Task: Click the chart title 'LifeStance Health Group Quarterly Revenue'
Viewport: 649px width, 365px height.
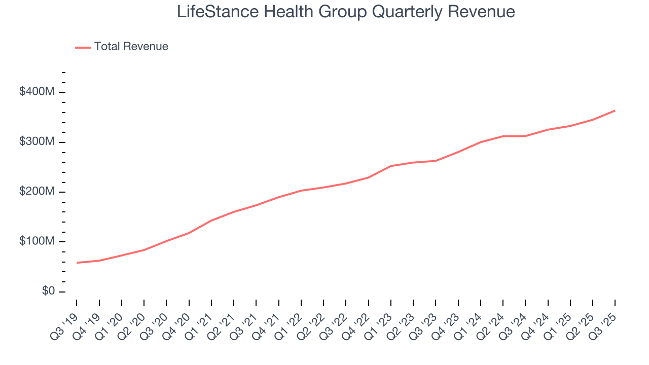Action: pos(346,12)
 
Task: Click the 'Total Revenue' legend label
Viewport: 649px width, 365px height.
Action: pos(131,47)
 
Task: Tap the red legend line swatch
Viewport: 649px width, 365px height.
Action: pos(83,47)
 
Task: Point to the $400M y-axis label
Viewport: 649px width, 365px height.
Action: pos(38,92)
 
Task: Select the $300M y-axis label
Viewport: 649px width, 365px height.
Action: pos(38,142)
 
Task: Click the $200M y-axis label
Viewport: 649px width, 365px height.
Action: pos(38,192)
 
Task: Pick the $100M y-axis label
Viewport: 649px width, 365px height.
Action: pos(38,241)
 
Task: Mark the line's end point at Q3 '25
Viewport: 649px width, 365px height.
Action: pos(615,111)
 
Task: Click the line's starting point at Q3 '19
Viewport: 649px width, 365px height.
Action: pos(77,263)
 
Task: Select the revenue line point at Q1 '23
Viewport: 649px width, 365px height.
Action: pos(391,166)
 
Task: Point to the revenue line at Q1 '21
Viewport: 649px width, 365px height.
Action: pos(211,221)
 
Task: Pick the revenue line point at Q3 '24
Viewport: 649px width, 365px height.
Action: pos(525,136)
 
